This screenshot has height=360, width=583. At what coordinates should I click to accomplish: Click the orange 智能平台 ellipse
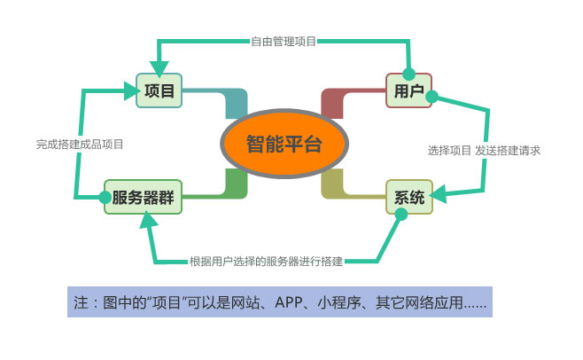click(x=284, y=144)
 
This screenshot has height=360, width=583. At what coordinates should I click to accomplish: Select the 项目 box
click(x=159, y=90)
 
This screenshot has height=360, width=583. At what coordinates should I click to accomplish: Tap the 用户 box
click(x=408, y=90)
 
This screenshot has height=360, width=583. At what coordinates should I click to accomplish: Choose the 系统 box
click(x=409, y=197)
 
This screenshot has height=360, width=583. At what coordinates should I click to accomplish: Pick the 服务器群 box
click(x=144, y=197)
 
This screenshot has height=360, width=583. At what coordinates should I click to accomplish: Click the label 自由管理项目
click(x=284, y=41)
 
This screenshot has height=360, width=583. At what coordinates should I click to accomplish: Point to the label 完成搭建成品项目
click(x=80, y=144)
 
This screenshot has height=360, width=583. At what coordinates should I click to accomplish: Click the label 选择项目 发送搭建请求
click(x=484, y=151)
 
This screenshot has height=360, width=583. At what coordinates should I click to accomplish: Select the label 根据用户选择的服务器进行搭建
click(x=266, y=261)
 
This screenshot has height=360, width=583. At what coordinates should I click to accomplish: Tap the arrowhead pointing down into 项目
click(x=159, y=68)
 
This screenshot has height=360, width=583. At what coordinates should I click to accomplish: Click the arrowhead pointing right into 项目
click(x=131, y=90)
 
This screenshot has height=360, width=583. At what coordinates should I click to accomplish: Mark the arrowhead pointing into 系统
click(x=439, y=194)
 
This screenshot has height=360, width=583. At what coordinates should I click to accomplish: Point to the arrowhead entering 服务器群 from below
click(x=148, y=220)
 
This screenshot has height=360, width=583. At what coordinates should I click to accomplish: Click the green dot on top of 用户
click(x=409, y=74)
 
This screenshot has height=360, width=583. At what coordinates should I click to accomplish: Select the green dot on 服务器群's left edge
click(x=105, y=198)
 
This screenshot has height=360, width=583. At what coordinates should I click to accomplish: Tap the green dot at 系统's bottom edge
click(x=401, y=214)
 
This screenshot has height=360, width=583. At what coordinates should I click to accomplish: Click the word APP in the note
click(x=289, y=302)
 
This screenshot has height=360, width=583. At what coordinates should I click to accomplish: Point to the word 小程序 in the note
click(x=339, y=302)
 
